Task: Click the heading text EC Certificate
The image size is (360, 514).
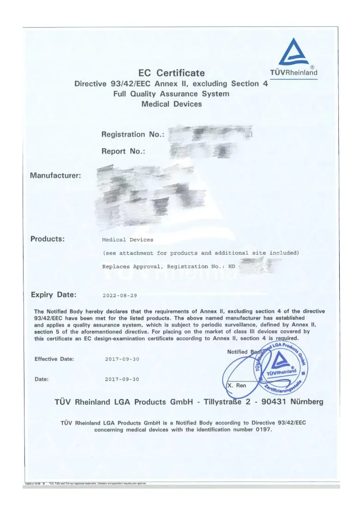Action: tap(171, 73)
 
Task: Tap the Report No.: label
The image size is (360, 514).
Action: tap(123, 151)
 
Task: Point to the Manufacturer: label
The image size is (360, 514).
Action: tap(55, 175)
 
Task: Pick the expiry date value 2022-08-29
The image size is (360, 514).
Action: tap(120, 295)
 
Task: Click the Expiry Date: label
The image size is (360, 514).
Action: tap(54, 294)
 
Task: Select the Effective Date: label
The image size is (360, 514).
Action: tap(54, 359)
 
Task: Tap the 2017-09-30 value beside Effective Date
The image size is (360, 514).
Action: tap(122, 359)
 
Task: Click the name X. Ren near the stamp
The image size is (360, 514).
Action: tap(237, 385)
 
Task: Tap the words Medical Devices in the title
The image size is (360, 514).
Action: tap(171, 104)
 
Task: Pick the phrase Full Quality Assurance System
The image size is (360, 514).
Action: tap(171, 94)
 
